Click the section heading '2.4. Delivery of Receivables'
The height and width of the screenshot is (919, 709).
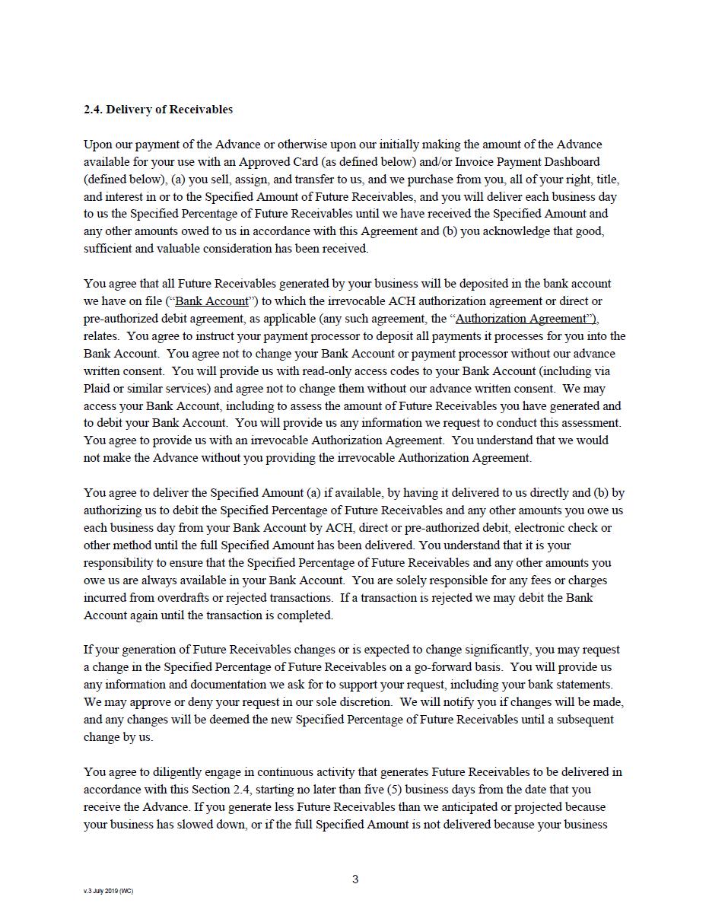click(x=158, y=110)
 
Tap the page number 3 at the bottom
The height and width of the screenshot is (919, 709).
click(x=355, y=879)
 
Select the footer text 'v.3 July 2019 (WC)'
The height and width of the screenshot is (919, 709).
click(x=108, y=891)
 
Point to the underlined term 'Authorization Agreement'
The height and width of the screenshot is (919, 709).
click(x=523, y=319)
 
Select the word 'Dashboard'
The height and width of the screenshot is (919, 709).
click(x=572, y=162)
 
